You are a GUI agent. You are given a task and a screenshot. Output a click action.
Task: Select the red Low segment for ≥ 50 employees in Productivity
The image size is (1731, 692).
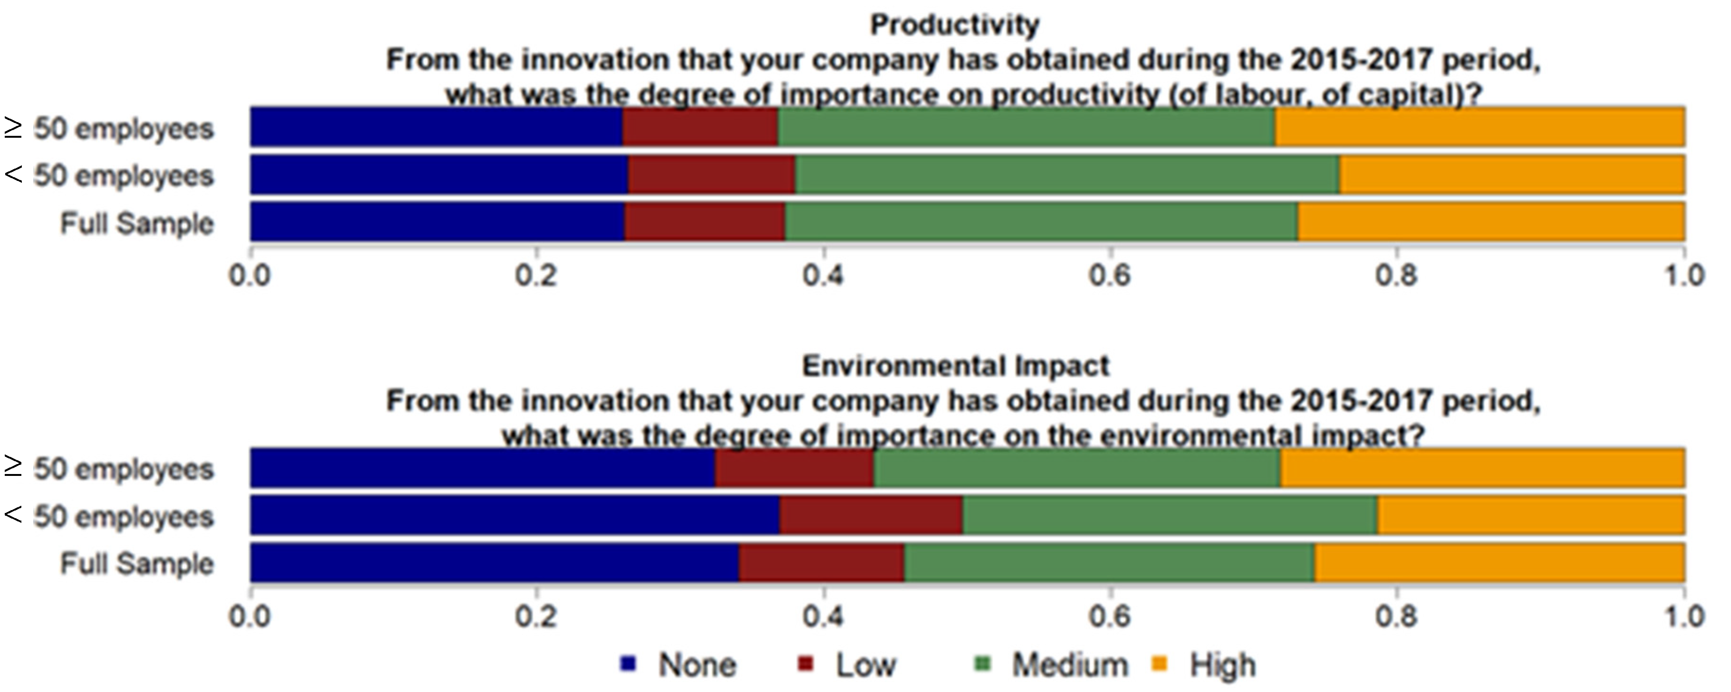point(700,126)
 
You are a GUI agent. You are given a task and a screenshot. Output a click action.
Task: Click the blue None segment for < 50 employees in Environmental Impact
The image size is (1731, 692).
point(515,515)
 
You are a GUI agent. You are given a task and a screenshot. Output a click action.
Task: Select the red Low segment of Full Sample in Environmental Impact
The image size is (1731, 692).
point(821,563)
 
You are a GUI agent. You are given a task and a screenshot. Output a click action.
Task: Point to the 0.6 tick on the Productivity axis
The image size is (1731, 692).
point(1110,275)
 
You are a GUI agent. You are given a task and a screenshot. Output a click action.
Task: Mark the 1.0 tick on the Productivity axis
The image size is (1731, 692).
point(1683,275)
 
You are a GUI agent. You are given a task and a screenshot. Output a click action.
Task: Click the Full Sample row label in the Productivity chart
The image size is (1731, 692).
point(137,224)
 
